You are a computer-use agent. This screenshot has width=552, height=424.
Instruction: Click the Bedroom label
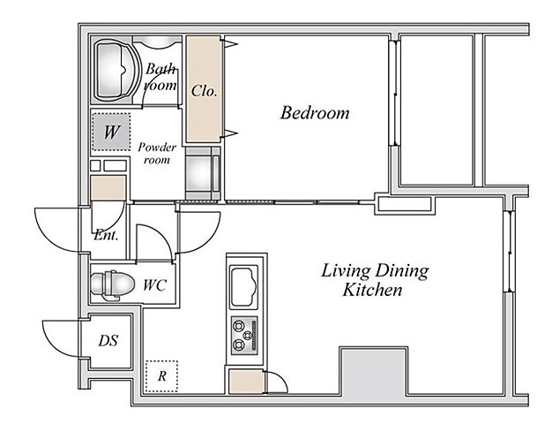[315, 113]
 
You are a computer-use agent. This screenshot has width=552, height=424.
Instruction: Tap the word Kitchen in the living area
[372, 290]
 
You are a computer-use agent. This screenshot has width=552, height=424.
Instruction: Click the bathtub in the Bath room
[115, 70]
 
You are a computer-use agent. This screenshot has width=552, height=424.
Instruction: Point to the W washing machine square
[111, 132]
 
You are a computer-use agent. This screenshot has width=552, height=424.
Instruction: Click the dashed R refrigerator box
[161, 376]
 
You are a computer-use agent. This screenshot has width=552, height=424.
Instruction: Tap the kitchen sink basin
[243, 286]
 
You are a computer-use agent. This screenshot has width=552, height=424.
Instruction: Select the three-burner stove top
[244, 335]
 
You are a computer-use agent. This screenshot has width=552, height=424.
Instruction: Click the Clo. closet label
[204, 91]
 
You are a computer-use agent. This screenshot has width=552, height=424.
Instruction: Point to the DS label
[108, 340]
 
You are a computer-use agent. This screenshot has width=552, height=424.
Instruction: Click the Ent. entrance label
[107, 235]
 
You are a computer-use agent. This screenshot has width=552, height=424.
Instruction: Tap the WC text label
[154, 285]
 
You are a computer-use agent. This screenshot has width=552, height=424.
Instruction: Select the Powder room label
[157, 153]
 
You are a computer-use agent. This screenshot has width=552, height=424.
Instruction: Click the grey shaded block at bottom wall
[374, 373]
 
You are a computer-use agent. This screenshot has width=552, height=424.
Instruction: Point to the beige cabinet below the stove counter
[246, 382]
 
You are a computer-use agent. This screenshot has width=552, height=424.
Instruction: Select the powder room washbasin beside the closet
[199, 173]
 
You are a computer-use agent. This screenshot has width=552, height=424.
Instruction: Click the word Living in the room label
[345, 271]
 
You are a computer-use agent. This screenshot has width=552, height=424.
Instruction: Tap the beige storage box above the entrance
[108, 187]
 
